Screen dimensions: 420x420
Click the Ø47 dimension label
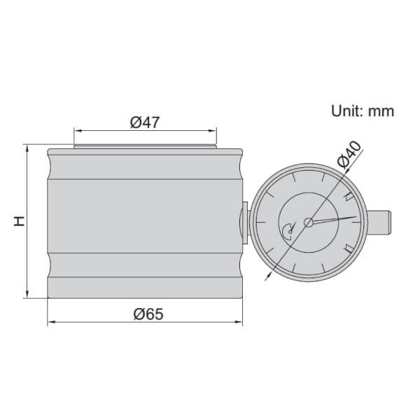(x=146, y=122)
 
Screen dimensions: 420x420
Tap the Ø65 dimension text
(x=147, y=314)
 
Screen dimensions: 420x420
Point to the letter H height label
(x=19, y=221)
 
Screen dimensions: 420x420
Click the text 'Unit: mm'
(x=362, y=111)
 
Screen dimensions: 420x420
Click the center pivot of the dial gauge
(x=309, y=223)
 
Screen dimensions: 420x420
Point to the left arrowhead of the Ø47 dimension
(x=76, y=130)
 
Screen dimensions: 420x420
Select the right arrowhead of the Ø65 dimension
(x=242, y=323)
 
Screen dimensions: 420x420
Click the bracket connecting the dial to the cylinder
(x=246, y=223)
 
